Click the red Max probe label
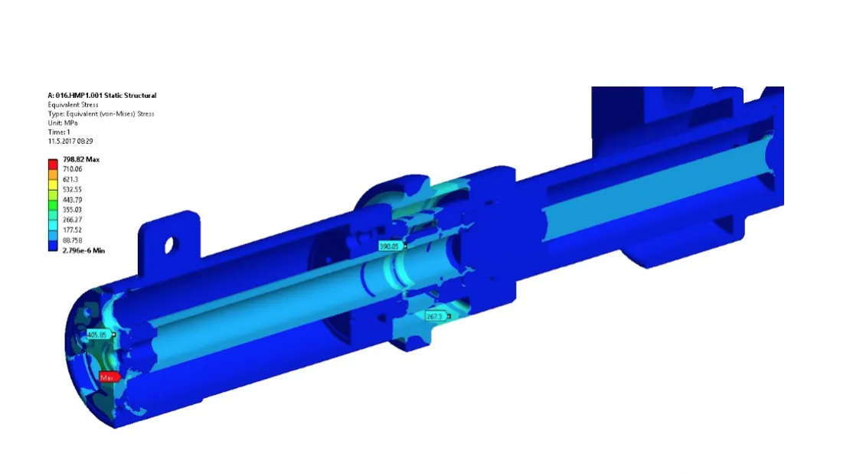pyautogui.click(x=109, y=377)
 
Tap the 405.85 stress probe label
pyautogui.click(x=98, y=334)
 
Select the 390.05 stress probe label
pyautogui.click(x=390, y=246)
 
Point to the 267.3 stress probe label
pyautogui.click(x=435, y=316)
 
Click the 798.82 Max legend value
pyautogui.click(x=81, y=159)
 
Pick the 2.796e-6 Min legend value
pyautogui.click(x=83, y=250)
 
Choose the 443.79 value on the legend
pyautogui.click(x=72, y=200)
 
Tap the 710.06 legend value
pyautogui.click(x=73, y=169)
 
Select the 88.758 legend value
pyautogui.click(x=73, y=240)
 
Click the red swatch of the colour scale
pyautogui.click(x=53, y=164)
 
